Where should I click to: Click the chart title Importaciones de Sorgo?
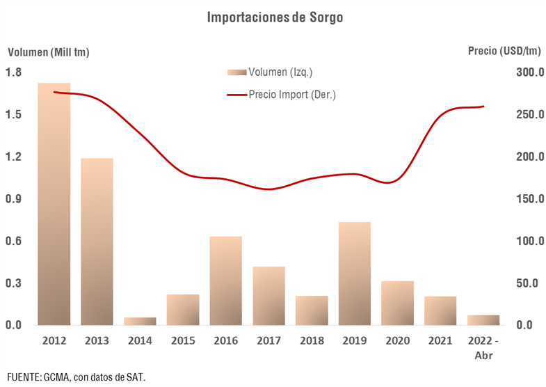click(x=275, y=17)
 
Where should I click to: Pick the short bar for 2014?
click(x=140, y=322)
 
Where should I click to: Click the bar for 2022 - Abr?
click(x=483, y=320)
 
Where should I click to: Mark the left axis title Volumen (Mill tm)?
click(x=49, y=51)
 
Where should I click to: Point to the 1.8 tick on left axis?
click(x=13, y=72)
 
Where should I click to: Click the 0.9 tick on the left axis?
click(x=13, y=199)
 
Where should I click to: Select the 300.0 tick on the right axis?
click(x=529, y=72)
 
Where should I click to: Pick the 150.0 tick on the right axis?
click(x=529, y=199)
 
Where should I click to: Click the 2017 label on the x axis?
click(x=268, y=340)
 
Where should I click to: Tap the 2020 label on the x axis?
click(x=398, y=340)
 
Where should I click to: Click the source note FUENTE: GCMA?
click(x=77, y=377)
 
